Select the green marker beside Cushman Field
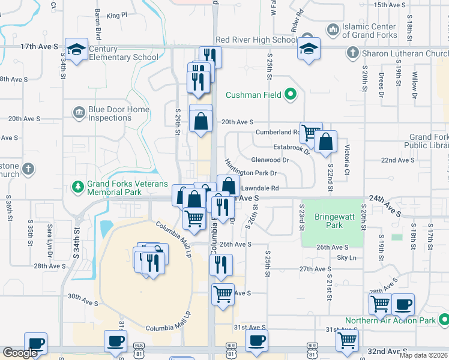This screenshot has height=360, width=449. tap(291, 94)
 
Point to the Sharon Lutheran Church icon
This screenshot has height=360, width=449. tap(355, 53)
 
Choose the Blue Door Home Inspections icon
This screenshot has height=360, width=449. tap(79, 112)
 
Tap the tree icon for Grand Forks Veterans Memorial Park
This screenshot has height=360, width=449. tap(77, 188)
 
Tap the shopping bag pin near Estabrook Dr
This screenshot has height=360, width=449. tap(325, 142)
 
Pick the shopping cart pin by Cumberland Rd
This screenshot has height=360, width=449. tap(310, 132)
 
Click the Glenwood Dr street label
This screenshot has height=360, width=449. tap(270, 160)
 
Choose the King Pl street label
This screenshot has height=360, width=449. tap(117, 14)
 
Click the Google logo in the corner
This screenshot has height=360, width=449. tap(20, 353)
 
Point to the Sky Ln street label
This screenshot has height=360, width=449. tap(346, 257)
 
